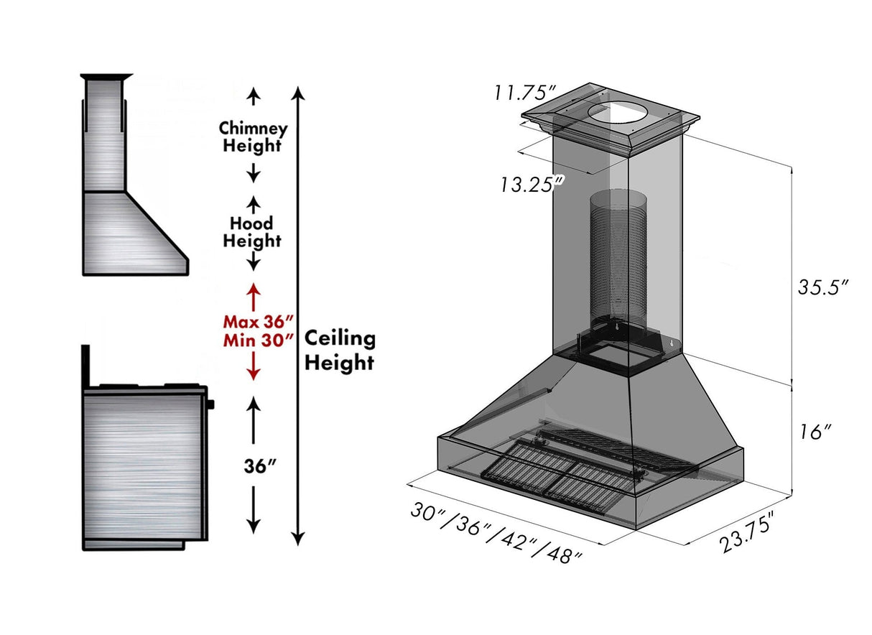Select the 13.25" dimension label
click(532, 184)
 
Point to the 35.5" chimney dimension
click(823, 287)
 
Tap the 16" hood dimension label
click(815, 432)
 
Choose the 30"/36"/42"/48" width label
click(496, 532)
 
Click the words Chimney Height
click(253, 137)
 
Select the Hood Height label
click(251, 232)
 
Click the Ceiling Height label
click(339, 351)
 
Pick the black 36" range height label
click(259, 466)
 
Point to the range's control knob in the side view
click(211, 404)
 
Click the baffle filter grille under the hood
click(546, 471)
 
